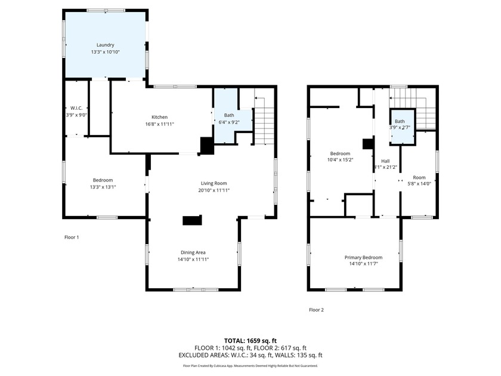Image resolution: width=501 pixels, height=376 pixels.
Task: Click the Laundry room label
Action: point(106,45)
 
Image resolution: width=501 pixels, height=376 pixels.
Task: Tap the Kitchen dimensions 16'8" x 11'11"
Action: point(159,124)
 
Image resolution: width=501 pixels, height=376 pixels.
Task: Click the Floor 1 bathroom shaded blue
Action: point(225,119)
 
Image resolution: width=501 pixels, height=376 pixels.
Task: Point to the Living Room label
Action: point(213,183)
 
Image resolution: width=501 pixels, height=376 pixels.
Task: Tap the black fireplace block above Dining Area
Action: point(192,221)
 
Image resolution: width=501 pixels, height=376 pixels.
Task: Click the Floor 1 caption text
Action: point(72,237)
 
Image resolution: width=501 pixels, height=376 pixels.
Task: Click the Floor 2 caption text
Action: point(316,310)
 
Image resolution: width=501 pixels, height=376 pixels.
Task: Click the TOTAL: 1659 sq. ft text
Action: point(250,340)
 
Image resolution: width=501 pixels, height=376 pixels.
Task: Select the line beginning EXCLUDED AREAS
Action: point(250,355)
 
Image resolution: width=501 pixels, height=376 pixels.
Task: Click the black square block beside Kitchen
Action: point(206,146)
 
